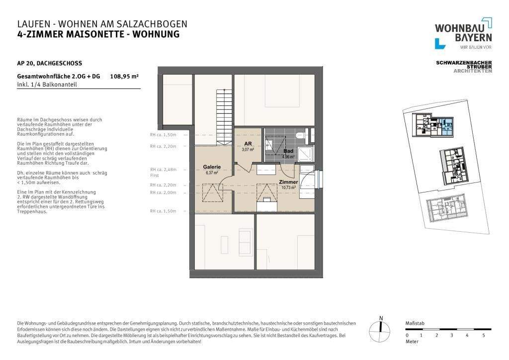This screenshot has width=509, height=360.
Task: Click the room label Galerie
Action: tap(212, 167)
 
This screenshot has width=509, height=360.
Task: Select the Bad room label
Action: tap(288, 151)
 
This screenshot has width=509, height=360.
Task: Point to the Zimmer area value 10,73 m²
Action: tap(289, 188)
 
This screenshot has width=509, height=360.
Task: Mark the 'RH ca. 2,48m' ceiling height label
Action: tap(163, 170)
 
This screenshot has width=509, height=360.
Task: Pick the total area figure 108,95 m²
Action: tap(124, 77)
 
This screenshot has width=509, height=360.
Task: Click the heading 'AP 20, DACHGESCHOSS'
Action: tap(50, 63)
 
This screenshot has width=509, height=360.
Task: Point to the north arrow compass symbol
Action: tap(381, 328)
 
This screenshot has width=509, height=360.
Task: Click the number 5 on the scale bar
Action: tap(483, 335)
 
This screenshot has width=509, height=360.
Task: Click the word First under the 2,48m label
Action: tap(154, 176)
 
